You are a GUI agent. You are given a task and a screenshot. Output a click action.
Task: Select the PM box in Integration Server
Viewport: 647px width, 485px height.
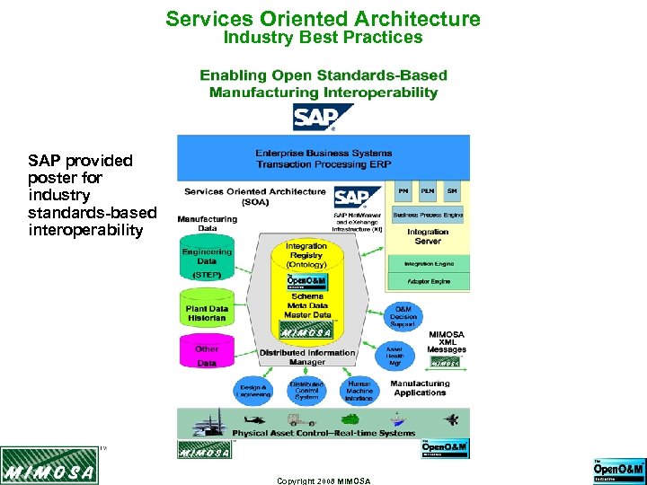(403, 191)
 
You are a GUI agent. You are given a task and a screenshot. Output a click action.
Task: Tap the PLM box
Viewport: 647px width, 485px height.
(428, 191)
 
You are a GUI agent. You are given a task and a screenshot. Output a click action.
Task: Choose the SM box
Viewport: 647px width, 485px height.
(452, 191)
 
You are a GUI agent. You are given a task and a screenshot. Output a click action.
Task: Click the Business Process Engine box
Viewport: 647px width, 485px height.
(428, 216)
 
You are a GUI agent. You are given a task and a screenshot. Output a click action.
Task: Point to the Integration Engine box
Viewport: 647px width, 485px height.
(428, 263)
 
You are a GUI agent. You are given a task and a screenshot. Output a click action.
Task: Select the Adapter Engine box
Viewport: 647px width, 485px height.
(428, 281)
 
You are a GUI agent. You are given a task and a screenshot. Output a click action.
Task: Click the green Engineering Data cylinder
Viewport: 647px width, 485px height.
(208, 257)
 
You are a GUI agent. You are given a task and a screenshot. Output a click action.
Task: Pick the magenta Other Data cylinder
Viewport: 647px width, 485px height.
(208, 355)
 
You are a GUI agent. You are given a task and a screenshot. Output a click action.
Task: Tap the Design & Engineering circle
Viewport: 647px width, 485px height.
(253, 390)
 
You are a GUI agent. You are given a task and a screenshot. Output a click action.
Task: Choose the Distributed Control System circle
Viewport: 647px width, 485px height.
(306, 390)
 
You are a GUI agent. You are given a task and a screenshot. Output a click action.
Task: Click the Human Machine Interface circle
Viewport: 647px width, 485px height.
(359, 390)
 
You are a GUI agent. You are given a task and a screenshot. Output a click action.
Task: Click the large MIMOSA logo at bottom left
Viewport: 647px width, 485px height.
(49, 468)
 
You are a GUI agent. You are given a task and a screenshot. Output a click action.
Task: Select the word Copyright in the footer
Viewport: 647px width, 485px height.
(295, 481)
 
